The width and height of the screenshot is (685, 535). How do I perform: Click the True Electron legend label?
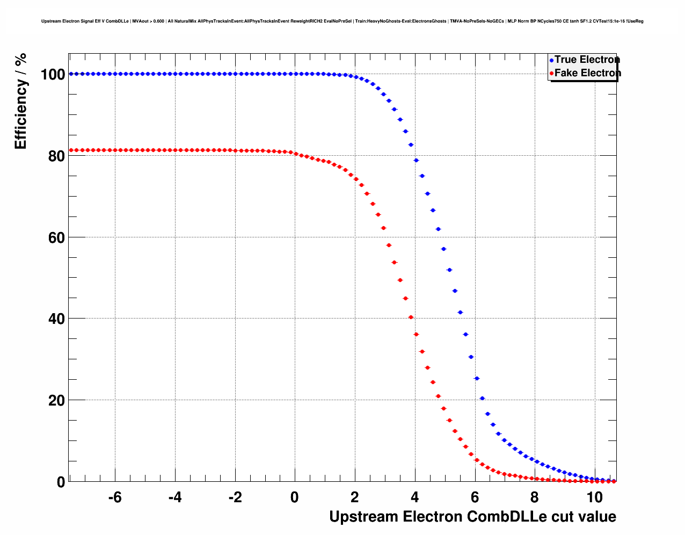587,60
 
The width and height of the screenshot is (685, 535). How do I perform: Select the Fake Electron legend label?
587,73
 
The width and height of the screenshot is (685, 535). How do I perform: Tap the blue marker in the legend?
551,61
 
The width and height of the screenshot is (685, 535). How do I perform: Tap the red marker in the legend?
551,74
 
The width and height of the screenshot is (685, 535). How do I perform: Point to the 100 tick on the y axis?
53,75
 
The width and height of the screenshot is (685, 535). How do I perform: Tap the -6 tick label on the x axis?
115,497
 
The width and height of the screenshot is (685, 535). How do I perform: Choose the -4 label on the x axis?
175,497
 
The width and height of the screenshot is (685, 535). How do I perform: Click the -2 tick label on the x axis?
235,497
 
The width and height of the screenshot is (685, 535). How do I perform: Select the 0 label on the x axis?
295,497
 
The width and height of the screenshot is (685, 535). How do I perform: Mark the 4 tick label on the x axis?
414,497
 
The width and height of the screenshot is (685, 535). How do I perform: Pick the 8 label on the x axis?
534,497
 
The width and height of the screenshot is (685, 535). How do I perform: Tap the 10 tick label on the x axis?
594,497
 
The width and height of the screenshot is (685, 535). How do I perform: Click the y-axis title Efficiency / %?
21,101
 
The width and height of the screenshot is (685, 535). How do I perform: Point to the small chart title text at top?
342,21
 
